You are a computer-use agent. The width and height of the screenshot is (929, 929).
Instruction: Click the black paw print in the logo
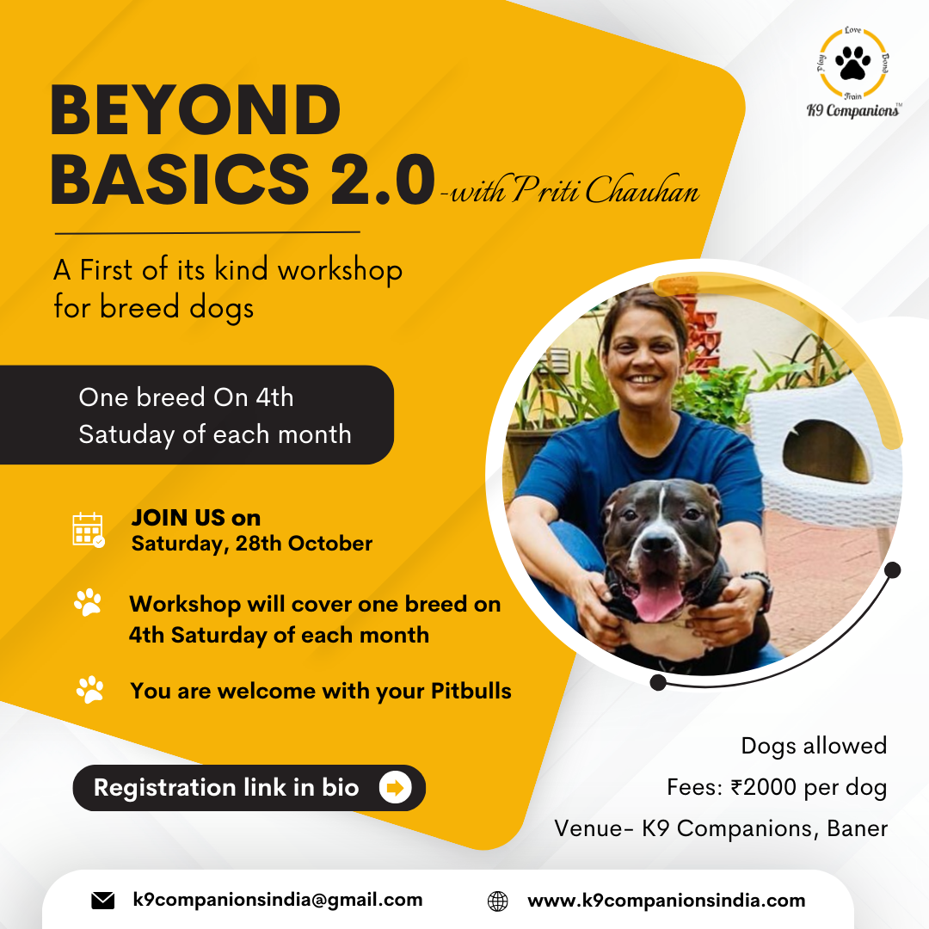tap(852, 62)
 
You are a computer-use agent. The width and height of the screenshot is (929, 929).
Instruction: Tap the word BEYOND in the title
tap(195, 110)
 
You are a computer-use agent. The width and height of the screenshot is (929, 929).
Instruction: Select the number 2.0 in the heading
tap(382, 179)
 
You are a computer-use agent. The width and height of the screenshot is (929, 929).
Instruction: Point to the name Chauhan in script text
tap(643, 190)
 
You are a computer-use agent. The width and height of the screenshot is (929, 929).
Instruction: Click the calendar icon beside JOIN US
tap(88, 529)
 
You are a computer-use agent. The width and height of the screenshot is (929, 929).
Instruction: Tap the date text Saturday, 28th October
tap(252, 544)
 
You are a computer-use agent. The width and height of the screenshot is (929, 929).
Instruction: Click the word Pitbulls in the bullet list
tap(471, 691)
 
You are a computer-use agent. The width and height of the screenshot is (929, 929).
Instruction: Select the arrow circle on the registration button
tap(395, 787)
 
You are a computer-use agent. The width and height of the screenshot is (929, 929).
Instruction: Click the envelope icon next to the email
tap(103, 901)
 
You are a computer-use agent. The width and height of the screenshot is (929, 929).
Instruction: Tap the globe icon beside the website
tap(498, 901)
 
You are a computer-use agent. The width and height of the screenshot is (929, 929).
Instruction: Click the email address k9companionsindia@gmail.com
tap(278, 900)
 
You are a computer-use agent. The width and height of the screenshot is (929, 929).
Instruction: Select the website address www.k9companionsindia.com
tap(667, 901)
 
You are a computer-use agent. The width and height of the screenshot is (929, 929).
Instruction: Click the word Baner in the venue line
tap(858, 828)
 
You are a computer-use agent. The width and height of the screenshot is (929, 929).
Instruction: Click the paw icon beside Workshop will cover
tap(88, 602)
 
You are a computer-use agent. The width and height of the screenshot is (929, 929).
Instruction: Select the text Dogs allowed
tap(814, 746)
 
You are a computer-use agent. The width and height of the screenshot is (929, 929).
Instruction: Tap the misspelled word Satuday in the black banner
tap(126, 434)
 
